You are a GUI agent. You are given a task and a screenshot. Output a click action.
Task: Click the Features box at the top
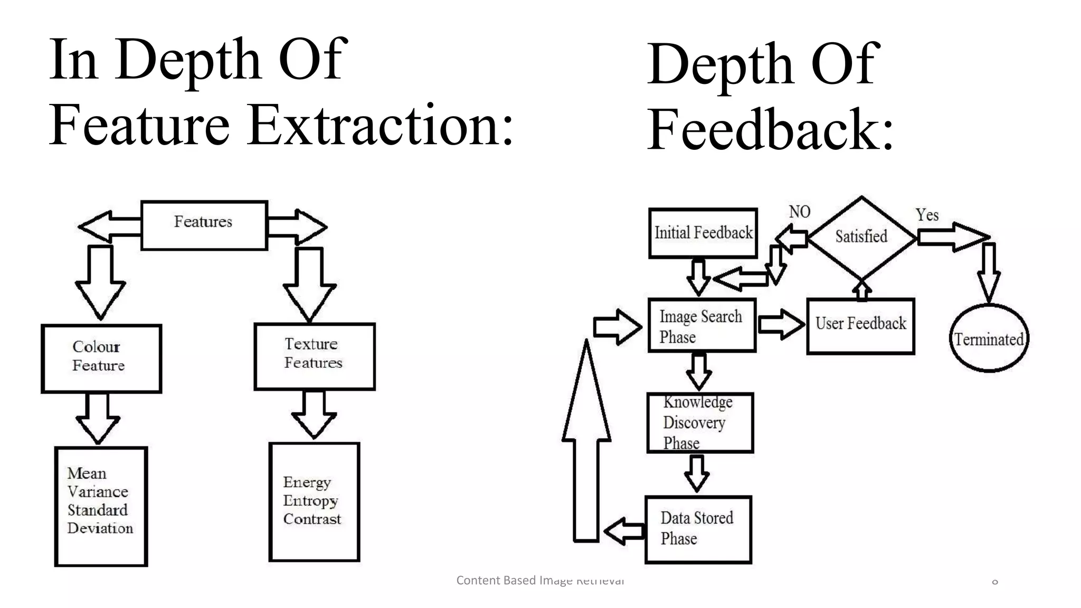tap(204, 225)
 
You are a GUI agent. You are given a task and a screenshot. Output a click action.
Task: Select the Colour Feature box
tap(101, 358)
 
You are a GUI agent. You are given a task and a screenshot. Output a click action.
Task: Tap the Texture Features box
tap(315, 356)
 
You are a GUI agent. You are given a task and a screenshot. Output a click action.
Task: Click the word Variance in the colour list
tap(98, 492)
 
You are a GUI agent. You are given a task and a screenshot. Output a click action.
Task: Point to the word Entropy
tap(310, 501)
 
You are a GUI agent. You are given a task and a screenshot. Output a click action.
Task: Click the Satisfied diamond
tap(861, 237)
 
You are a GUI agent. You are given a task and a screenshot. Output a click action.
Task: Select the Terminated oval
tap(989, 339)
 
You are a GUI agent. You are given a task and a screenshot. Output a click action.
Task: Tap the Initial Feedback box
tap(703, 233)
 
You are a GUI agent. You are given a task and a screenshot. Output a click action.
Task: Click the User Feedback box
tap(860, 325)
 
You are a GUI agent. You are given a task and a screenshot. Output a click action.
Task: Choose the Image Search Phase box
tap(701, 325)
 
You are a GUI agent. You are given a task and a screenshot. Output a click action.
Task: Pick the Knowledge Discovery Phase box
tap(699, 423)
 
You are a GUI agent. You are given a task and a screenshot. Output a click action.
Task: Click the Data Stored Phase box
tap(698, 529)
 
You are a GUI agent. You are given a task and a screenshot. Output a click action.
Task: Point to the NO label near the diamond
tap(799, 212)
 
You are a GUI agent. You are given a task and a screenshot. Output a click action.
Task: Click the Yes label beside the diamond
tap(927, 215)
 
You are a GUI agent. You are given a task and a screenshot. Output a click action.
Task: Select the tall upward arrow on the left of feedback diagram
tap(586, 443)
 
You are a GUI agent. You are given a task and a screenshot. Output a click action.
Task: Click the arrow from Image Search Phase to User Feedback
tap(781, 324)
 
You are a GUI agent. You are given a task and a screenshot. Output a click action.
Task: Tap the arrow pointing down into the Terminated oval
tap(989, 272)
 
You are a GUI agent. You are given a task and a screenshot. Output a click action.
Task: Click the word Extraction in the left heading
tap(380, 126)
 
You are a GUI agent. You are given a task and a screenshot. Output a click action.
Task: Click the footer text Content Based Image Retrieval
tap(540, 581)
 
